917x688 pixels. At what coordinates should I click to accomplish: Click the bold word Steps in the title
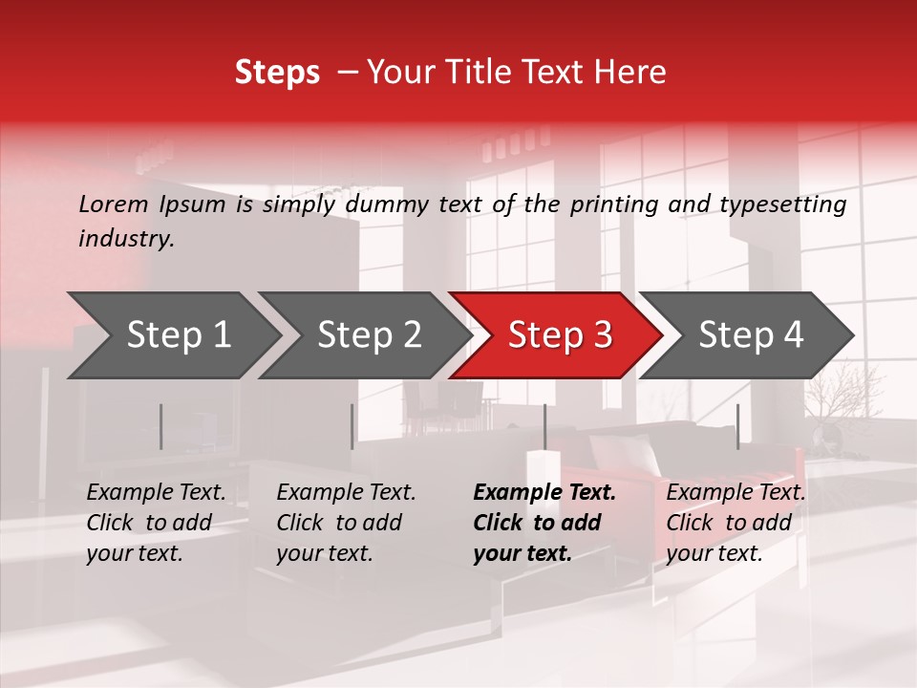click(277, 73)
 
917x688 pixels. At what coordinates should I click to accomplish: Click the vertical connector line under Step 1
click(161, 426)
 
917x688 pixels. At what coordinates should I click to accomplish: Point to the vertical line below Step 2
click(352, 426)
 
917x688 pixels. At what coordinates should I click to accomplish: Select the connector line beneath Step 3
click(544, 426)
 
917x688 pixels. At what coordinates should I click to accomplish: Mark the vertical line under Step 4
click(737, 426)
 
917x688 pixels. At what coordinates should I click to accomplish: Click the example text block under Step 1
click(156, 523)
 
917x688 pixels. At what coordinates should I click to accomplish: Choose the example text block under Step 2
click(346, 523)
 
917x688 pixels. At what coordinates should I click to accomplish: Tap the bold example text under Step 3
click(544, 523)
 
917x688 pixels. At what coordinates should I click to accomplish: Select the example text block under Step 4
click(736, 523)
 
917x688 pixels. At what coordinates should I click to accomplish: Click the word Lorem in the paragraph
click(114, 204)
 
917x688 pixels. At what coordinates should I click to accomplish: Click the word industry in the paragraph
click(126, 239)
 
